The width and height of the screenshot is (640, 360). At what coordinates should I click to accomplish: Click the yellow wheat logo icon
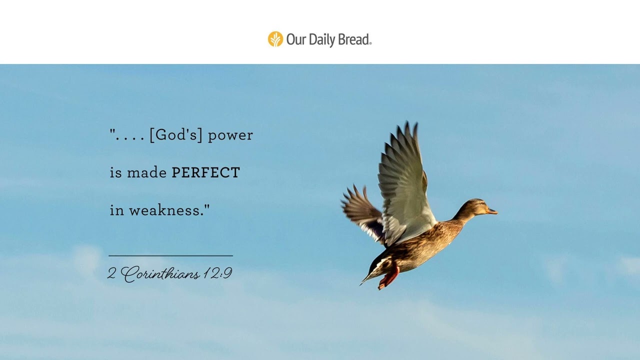click(275, 39)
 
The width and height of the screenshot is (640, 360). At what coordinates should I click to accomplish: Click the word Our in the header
click(296, 39)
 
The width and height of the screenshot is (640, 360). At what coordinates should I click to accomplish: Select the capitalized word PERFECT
click(205, 173)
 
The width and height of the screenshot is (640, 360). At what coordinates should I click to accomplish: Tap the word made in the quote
click(146, 173)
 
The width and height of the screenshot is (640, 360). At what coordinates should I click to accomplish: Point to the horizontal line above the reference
click(170, 255)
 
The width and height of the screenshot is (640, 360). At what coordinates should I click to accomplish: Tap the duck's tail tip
click(363, 282)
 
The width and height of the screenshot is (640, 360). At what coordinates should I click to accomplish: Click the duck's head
click(477, 206)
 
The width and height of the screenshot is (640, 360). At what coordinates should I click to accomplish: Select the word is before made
click(115, 173)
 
